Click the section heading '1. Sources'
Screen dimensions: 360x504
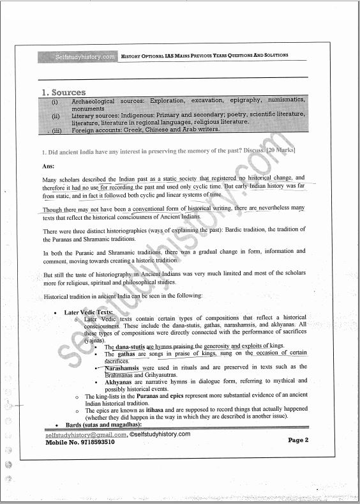click(x=63, y=93)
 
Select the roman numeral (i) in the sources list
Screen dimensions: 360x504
click(x=56, y=102)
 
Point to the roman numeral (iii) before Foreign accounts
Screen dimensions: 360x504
click(x=56, y=130)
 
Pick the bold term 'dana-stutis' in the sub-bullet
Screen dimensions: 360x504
click(x=126, y=346)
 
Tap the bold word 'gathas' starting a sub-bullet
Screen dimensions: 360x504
click(x=126, y=354)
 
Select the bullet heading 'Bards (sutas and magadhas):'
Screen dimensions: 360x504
click(x=103, y=425)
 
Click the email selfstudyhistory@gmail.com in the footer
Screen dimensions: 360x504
click(x=86, y=434)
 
